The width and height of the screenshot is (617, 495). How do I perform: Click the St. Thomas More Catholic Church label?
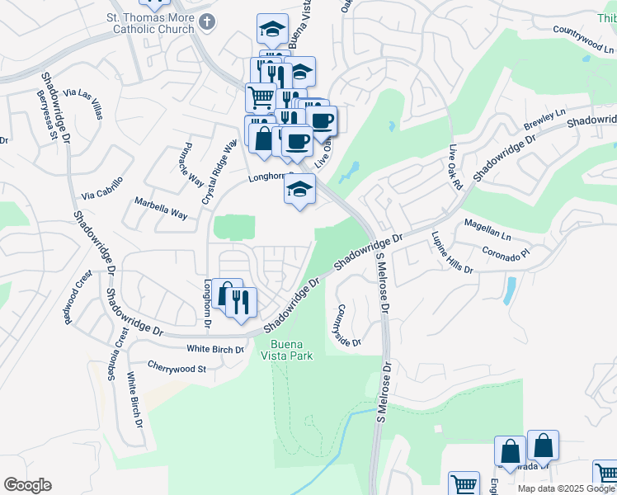click(x=150, y=24)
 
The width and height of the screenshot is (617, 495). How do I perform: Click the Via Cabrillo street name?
click(x=102, y=188)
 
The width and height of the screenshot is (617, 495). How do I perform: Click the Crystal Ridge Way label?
click(x=219, y=172)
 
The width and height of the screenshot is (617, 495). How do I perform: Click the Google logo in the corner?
click(x=28, y=485)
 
